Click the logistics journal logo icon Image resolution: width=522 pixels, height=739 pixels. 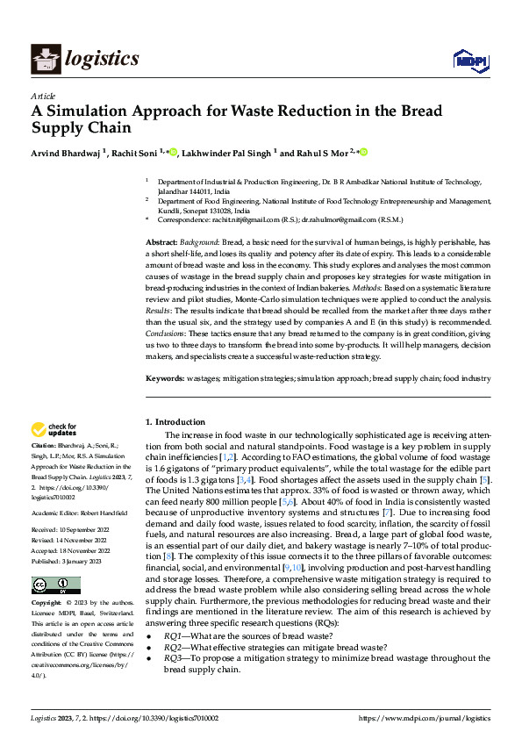[45, 59]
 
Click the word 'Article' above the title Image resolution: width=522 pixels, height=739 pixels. [42, 96]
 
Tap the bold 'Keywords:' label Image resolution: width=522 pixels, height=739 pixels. [165, 378]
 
